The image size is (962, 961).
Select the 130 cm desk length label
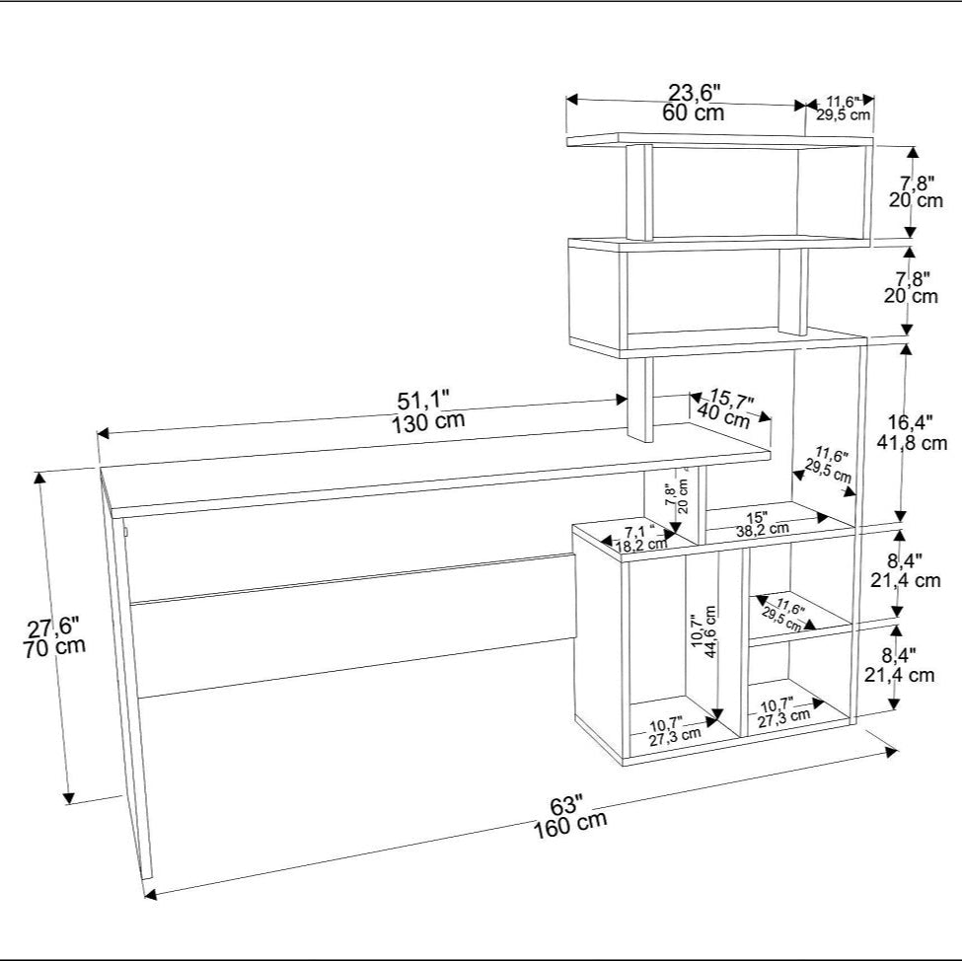pos(428,421)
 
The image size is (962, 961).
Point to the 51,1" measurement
pos(423,401)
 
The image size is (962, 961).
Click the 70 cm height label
pos(54,647)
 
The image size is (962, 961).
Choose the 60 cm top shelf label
pos(694,112)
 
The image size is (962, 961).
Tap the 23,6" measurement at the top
pos(694,94)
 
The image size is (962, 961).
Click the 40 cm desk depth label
pos(724,415)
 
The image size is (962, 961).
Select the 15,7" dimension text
pos(731,399)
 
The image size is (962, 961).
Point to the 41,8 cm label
pos(912,442)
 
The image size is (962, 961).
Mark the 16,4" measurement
pos(911,422)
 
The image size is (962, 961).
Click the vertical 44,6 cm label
pos(710,631)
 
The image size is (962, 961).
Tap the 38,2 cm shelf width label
pos(763,529)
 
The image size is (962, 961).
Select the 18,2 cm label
pos(640,545)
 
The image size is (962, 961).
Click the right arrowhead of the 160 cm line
pos(891,751)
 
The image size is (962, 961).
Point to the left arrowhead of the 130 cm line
pos(103,433)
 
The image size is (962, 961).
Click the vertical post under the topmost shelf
pos(640,192)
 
